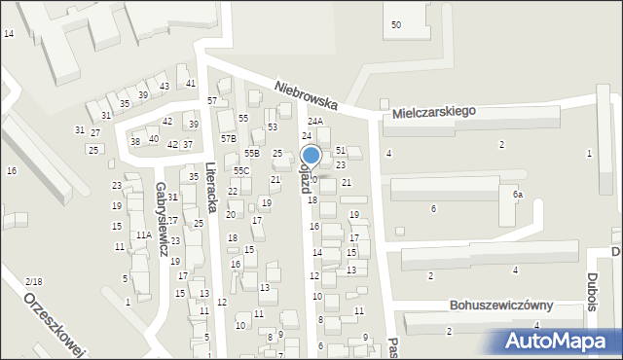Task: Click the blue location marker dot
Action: [311, 155]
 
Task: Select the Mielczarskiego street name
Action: [434, 112]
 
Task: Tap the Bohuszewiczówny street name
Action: [501, 305]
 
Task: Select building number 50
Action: [395, 24]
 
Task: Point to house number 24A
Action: [315, 122]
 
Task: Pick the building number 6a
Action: [519, 195]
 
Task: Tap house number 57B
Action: [228, 139]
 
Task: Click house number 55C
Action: [240, 170]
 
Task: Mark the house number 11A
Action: [143, 235]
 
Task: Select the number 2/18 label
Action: [34, 281]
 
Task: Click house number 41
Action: [191, 83]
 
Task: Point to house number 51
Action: [341, 150]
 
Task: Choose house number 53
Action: [273, 127]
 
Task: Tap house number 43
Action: [165, 87]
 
